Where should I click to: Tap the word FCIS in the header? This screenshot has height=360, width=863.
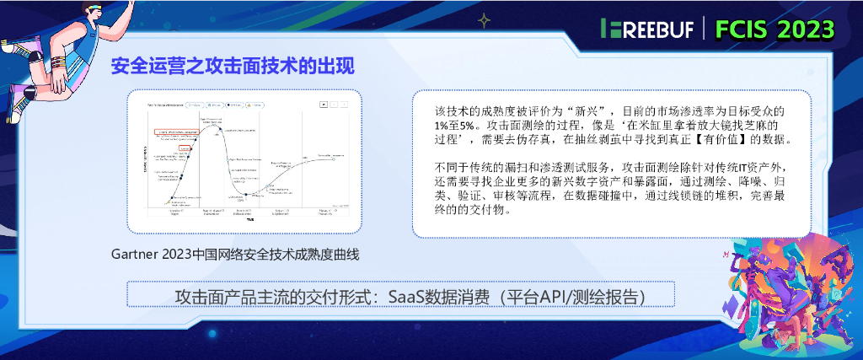point(743,30)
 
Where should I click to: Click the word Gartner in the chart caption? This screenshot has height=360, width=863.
point(134,254)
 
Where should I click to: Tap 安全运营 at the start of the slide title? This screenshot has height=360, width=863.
point(138,67)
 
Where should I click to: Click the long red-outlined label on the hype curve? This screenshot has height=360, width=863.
point(175,132)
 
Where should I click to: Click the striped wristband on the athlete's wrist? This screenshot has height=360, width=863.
point(58,63)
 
